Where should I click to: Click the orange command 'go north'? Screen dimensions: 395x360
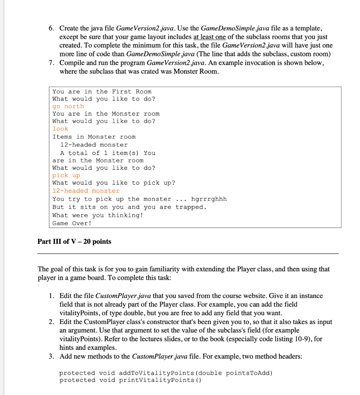pyautogui.click(x=68, y=106)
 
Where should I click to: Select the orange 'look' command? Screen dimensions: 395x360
pyautogui.click(x=60, y=128)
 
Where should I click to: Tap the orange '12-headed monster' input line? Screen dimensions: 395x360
pyautogui.click(x=86, y=191)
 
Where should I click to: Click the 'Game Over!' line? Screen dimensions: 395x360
pyautogui.click(x=72, y=223)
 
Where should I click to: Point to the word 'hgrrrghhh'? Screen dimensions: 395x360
pyautogui.click(x=209, y=199)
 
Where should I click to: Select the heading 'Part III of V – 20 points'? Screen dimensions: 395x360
pyautogui.click(x=74, y=241)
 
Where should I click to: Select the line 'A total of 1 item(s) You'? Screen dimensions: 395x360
pyautogui.click(x=108, y=153)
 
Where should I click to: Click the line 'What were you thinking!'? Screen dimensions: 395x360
pyautogui.click(x=98, y=215)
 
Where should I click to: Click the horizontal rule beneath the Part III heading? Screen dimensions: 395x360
pyautogui.click(x=188, y=253)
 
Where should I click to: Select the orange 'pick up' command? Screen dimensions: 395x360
pyautogui.click(x=66, y=175)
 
